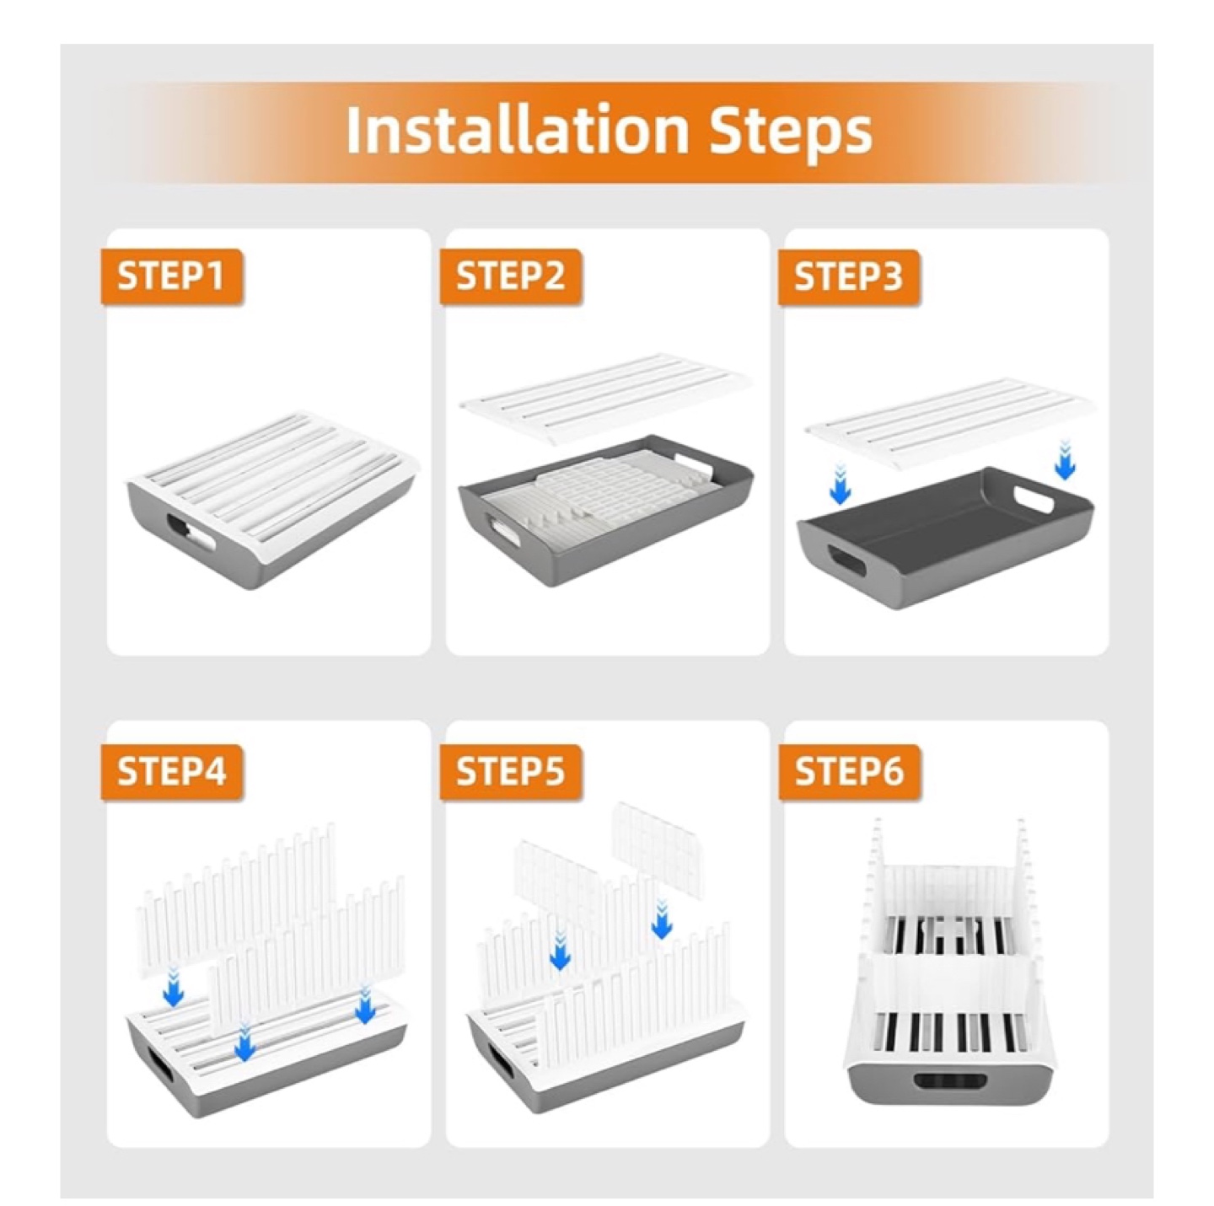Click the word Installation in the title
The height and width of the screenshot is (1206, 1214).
click(x=518, y=131)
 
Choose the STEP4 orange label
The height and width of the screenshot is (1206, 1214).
click(x=170, y=771)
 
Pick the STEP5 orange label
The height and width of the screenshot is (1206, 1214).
click(x=509, y=771)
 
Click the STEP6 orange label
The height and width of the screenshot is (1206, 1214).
click(x=848, y=771)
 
